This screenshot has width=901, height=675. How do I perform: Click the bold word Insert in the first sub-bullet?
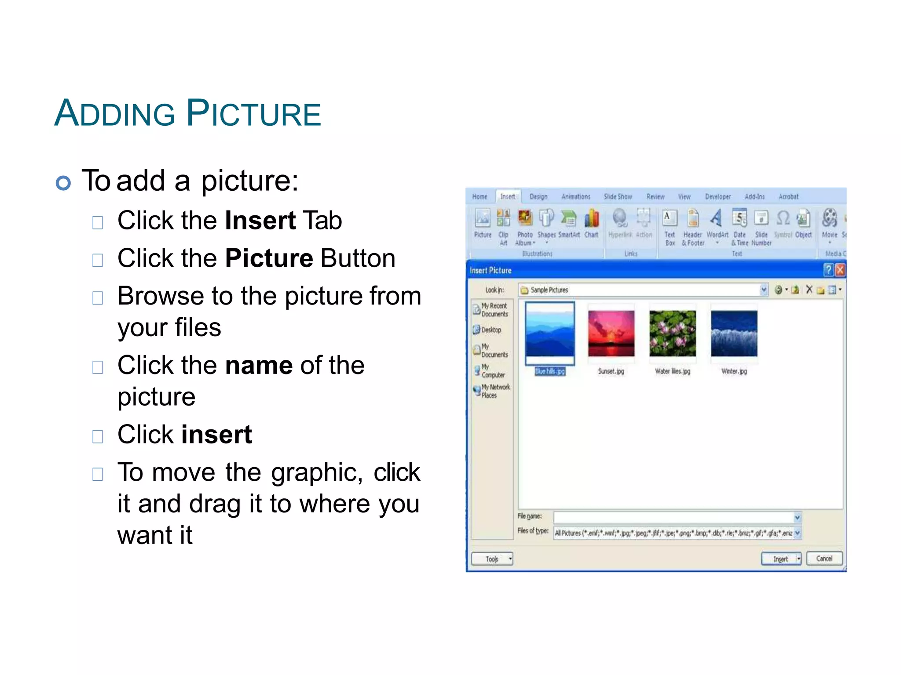tap(260, 220)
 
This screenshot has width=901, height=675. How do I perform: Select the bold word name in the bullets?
tap(259, 365)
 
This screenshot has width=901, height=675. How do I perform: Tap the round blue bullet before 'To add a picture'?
tap(63, 183)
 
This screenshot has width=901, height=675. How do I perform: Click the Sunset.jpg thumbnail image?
tap(611, 334)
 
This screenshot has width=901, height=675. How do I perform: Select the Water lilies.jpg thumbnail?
tap(672, 334)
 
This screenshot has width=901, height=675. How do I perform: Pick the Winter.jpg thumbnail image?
tap(734, 334)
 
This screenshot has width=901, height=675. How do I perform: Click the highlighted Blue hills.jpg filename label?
tap(549, 371)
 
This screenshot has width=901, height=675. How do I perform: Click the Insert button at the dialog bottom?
tap(780, 559)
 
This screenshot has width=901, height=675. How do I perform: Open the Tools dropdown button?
tap(492, 559)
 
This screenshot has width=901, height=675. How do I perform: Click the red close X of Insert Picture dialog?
tap(839, 270)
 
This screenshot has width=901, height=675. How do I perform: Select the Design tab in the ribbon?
tap(538, 196)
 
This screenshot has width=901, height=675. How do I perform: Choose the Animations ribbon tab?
tap(575, 196)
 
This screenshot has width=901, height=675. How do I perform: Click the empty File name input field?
tap(673, 517)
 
